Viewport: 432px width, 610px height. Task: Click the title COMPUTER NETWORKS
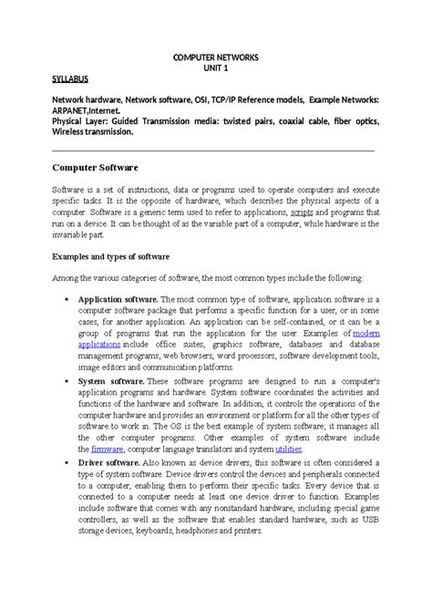[x=216, y=57]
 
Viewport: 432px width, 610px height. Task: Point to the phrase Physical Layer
[x=79, y=119]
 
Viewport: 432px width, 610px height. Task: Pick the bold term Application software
[x=119, y=298]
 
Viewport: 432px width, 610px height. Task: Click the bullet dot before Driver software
[x=70, y=463]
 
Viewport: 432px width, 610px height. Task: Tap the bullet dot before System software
[x=70, y=380]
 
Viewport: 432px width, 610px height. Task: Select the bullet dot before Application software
[x=70, y=298]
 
